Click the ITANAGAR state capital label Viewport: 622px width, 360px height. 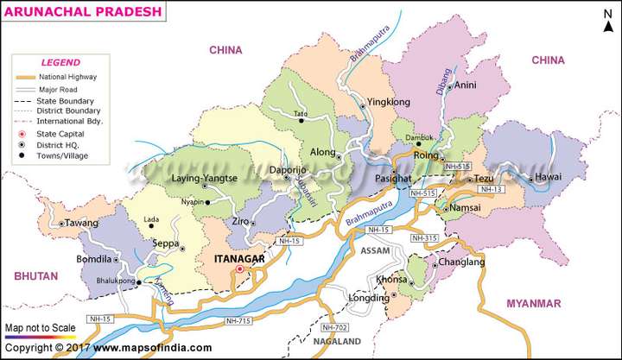[242, 257]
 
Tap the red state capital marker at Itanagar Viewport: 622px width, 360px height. [240, 268]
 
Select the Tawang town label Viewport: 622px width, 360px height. [82, 223]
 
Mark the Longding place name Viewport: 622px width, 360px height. [367, 299]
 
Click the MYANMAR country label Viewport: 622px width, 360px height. [533, 303]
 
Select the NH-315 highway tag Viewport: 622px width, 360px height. [424, 237]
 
